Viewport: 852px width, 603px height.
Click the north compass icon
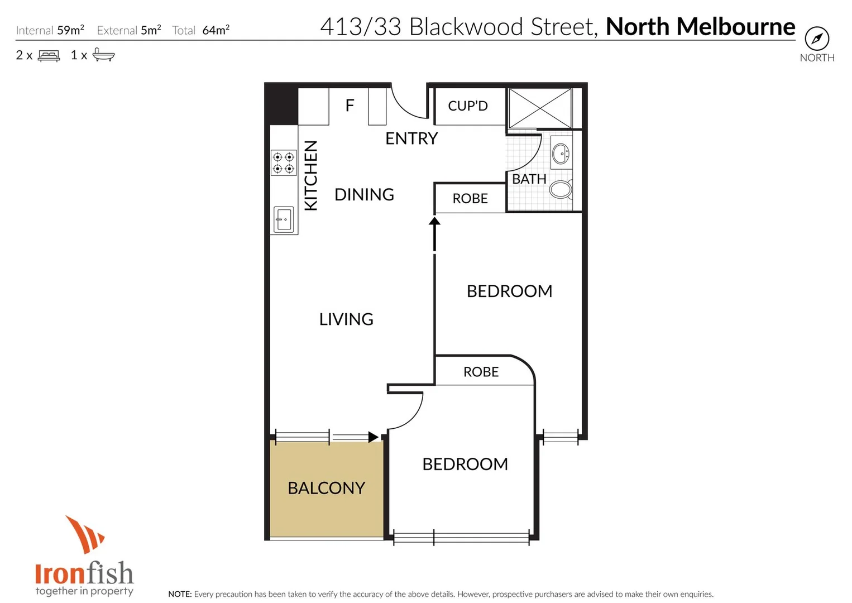coord(817,39)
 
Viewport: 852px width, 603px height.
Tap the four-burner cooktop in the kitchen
coord(284,162)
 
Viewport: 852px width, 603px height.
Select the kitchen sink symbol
coord(284,219)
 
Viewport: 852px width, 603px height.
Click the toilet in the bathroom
coord(561,189)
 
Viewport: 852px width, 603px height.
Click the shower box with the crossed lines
coord(540,107)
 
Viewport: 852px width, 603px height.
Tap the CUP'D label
coord(468,106)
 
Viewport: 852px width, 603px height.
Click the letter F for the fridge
coord(350,105)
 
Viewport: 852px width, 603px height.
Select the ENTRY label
coord(411,138)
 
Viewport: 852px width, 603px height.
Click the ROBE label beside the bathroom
coord(470,198)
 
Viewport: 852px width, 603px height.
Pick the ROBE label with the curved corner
coord(481,372)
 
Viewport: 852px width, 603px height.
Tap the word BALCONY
coord(326,488)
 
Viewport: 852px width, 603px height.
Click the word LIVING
coord(346,319)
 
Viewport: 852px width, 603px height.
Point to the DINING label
coord(364,194)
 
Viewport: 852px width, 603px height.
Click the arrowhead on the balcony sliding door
coord(373,437)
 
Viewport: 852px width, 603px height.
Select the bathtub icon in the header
coord(103,55)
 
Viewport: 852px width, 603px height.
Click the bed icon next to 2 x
coord(49,55)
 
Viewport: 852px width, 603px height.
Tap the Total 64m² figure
coord(216,30)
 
